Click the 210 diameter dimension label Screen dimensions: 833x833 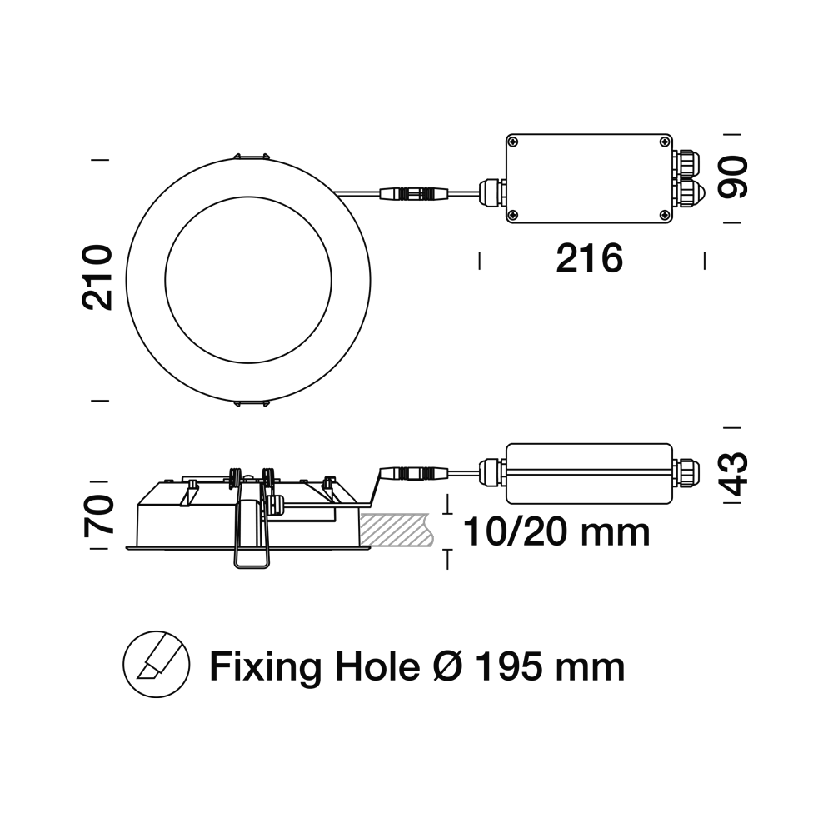pyautogui.click(x=97, y=277)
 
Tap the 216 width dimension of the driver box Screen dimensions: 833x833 pyautogui.click(x=589, y=259)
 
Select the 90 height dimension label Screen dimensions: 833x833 pyautogui.click(x=733, y=177)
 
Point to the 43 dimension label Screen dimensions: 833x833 pyautogui.click(x=733, y=474)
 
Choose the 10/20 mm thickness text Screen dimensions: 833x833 pyautogui.click(x=556, y=532)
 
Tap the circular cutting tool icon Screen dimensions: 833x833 pyautogui.click(x=157, y=664)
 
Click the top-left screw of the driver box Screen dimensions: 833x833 pyautogui.click(x=512, y=142)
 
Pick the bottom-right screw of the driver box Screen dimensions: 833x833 pyautogui.click(x=665, y=215)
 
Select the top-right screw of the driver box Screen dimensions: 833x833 pyautogui.click(x=665, y=142)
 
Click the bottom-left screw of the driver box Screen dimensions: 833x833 pyautogui.click(x=512, y=215)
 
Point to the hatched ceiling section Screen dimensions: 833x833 pyautogui.click(x=396, y=530)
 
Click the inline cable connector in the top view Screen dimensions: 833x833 pyautogui.click(x=414, y=194)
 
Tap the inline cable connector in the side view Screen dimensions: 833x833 pyautogui.click(x=414, y=472)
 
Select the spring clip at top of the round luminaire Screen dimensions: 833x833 pyautogui.click(x=250, y=157)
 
